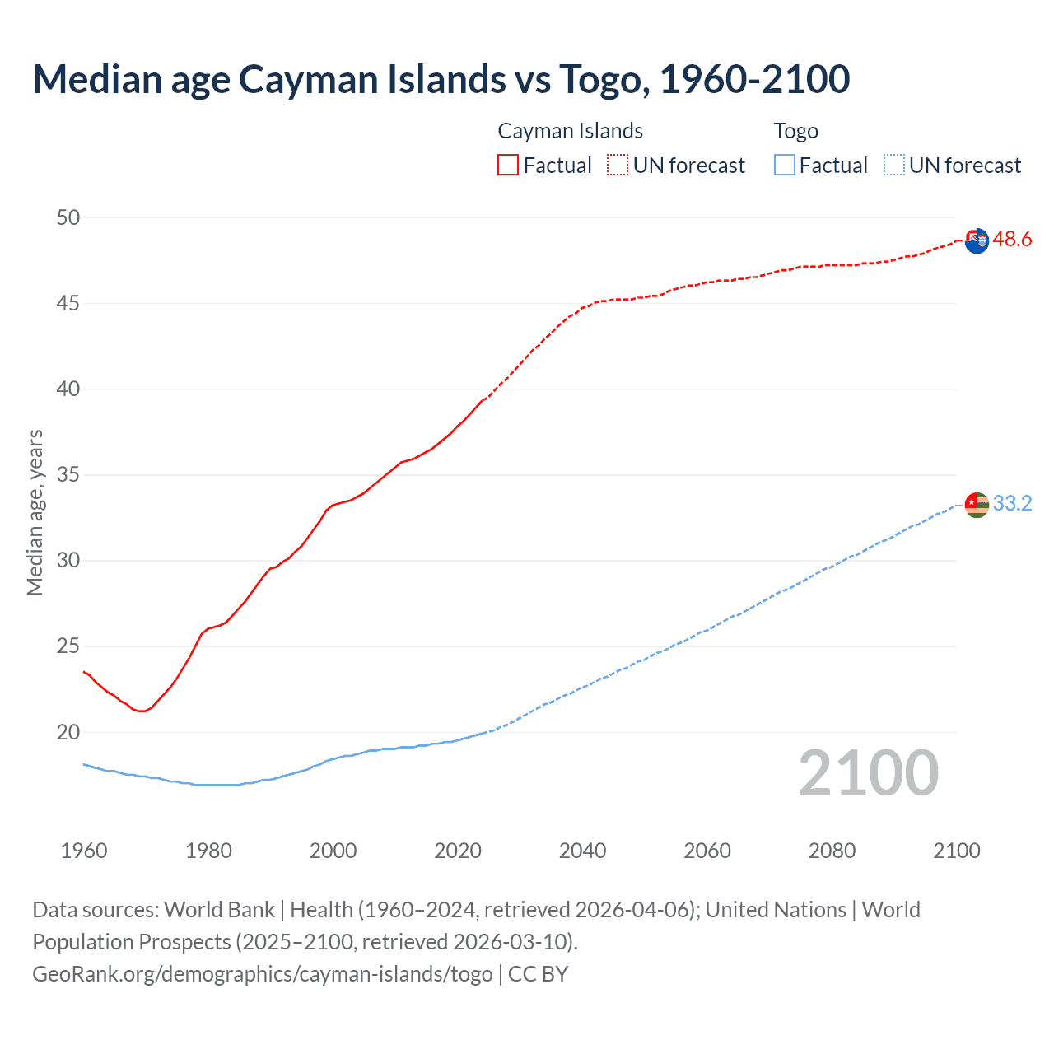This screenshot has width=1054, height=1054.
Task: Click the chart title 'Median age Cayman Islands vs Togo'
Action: pos(441,79)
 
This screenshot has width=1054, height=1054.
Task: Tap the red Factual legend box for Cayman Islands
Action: pos(508,165)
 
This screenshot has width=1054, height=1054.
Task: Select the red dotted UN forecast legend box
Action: pos(618,165)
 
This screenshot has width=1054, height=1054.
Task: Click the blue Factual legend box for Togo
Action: pos(785,165)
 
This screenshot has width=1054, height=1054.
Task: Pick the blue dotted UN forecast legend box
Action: pos(893,165)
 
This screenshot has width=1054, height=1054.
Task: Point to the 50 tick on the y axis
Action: pos(68,217)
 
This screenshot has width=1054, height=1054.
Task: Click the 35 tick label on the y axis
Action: pos(68,475)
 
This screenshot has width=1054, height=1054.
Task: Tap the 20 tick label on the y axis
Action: pos(68,732)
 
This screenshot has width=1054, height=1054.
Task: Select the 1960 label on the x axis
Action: pos(84,851)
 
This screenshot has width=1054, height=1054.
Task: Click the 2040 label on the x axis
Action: pos(582,851)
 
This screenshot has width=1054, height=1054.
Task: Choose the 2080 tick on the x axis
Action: pos(832,851)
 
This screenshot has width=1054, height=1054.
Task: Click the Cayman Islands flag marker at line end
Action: pos(977,241)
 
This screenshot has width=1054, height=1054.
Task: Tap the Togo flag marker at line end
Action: pos(977,504)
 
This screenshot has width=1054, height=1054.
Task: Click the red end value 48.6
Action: pos(1012,240)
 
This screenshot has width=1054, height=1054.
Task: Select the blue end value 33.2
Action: pos(1012,503)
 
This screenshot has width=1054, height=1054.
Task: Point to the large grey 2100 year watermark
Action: pos(868,772)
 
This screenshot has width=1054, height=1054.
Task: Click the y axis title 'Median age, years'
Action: pos(35,512)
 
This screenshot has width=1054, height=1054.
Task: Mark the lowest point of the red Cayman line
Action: pos(142,711)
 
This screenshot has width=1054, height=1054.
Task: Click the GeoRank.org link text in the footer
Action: pos(262,974)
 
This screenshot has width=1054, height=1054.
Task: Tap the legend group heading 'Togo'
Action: pos(795,131)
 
